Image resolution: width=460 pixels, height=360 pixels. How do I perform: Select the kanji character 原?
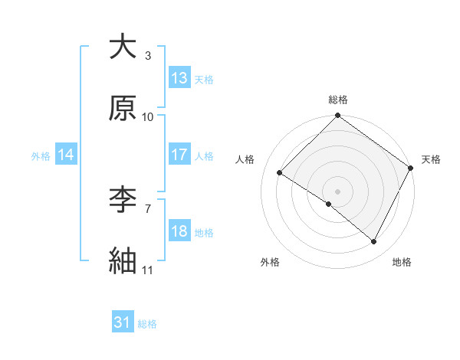(123, 108)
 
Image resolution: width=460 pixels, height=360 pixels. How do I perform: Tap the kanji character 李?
(123, 201)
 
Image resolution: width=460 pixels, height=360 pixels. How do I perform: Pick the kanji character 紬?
(123, 261)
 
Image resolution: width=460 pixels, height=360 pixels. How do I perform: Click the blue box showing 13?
(179, 78)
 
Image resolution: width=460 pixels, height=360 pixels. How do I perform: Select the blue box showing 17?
(179, 155)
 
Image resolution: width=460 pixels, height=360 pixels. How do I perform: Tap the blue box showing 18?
(179, 231)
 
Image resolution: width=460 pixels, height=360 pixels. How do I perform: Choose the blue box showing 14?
(66, 155)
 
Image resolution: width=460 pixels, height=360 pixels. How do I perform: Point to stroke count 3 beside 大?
(148, 55)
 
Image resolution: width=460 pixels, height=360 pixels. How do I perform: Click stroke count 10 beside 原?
(148, 117)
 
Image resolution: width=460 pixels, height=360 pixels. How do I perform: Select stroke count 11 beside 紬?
(148, 270)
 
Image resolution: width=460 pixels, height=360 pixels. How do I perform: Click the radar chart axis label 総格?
(338, 100)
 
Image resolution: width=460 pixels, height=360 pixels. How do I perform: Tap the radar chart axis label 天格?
(431, 159)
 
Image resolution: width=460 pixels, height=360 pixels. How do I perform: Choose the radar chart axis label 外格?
(270, 262)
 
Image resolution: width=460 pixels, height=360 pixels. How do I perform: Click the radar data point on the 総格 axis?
(338, 116)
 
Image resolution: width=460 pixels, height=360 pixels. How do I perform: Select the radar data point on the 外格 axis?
(329, 204)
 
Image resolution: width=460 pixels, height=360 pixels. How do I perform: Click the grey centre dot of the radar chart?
(338, 191)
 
